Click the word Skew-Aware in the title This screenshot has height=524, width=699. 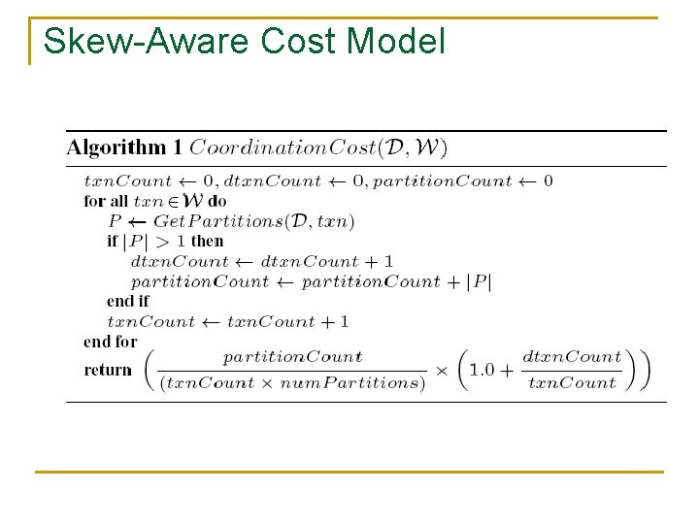[147, 42]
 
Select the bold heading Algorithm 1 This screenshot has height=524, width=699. [124, 148]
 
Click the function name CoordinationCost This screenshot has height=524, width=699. [283, 148]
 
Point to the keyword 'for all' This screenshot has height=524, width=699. [106, 201]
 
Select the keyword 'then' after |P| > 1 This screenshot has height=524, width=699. [207, 241]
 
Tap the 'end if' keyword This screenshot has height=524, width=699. [127, 302]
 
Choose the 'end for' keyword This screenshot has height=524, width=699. [111, 342]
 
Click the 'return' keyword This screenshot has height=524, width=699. [108, 370]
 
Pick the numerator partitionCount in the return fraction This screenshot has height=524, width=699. [292, 357]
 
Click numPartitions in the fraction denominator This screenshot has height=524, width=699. [371, 382]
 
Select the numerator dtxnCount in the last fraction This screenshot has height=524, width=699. [572, 357]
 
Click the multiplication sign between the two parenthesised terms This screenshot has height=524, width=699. [442, 370]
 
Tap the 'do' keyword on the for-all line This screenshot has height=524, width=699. [217, 201]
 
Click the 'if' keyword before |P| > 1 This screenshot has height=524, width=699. [113, 241]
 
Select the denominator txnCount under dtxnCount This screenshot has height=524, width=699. [572, 382]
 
